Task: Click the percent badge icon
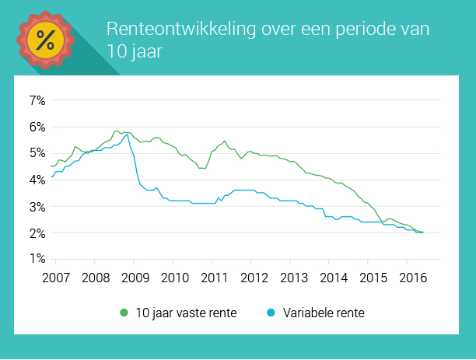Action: tap(45, 40)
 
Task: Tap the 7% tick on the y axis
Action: tap(38, 100)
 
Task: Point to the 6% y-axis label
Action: tap(38, 127)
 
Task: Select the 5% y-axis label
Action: tap(38, 153)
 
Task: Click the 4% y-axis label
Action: tap(38, 180)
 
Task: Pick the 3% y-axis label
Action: tap(38, 207)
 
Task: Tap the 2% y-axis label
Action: tap(38, 233)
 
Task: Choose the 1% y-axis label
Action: tap(38, 260)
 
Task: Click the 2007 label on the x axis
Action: tap(55, 277)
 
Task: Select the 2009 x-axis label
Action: tap(135, 277)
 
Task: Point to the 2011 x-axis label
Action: tap(214, 277)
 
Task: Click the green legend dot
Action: tap(124, 313)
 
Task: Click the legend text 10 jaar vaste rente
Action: tap(186, 313)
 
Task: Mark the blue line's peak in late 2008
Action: tap(127, 135)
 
